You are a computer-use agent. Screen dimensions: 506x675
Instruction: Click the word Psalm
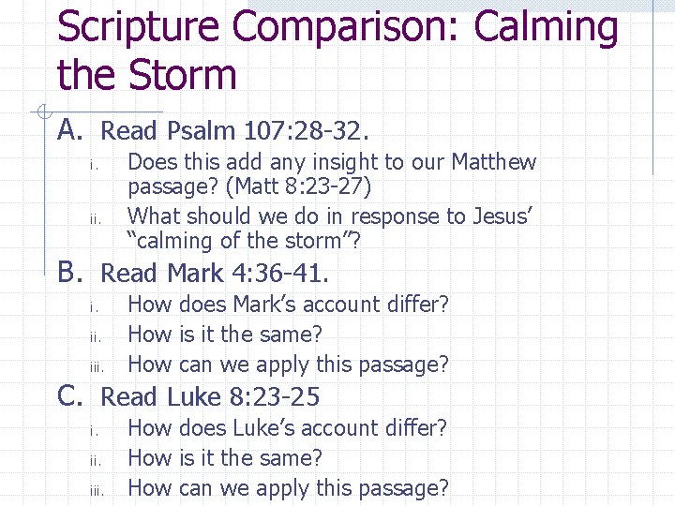tap(201, 130)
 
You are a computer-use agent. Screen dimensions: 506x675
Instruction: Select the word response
tap(367, 216)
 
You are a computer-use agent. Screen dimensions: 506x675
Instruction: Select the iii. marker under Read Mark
tap(97, 365)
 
